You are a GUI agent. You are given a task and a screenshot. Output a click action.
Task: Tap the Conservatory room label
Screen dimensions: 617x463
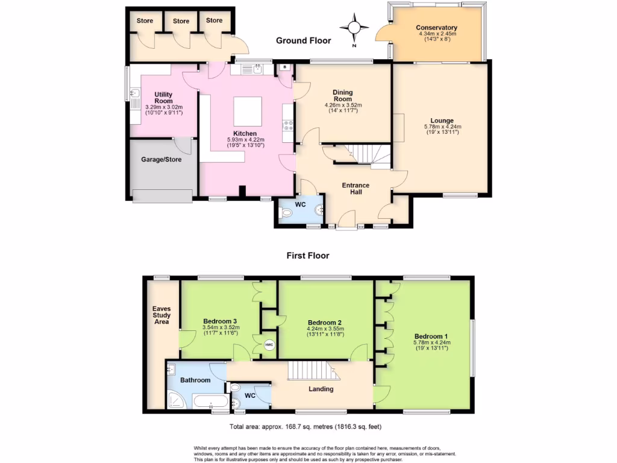click(436, 28)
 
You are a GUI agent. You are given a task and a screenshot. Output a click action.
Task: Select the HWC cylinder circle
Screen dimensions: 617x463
click(269, 345)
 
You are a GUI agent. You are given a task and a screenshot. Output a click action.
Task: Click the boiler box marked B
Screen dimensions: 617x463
click(284, 68)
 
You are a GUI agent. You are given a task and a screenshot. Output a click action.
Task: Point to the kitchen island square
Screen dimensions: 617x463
click(248, 111)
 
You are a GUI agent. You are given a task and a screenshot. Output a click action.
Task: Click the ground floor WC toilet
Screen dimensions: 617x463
click(286, 213)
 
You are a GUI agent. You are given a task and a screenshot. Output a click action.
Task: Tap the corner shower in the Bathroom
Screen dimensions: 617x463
click(177, 401)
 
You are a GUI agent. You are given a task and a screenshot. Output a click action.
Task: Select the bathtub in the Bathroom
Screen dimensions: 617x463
click(210, 402)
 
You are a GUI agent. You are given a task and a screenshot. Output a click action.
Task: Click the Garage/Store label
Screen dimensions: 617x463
click(161, 159)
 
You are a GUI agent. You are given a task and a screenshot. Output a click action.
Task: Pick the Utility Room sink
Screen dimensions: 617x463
click(135, 93)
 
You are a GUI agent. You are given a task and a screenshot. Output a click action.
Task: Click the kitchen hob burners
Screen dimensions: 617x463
click(288, 125)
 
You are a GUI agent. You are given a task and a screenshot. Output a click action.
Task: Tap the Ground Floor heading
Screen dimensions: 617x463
click(304, 40)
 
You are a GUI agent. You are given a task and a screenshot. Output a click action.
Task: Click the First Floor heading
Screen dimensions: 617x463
click(308, 256)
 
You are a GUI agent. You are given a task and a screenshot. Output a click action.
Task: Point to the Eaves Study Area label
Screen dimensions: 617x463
click(161, 315)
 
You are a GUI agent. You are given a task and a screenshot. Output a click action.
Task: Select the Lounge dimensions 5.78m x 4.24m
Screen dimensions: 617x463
click(443, 127)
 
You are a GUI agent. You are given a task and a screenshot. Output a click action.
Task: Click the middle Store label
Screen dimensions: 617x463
click(181, 21)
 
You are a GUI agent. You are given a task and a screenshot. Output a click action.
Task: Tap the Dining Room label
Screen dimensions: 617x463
click(343, 96)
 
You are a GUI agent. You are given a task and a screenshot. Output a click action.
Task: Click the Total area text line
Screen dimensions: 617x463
click(305, 426)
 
